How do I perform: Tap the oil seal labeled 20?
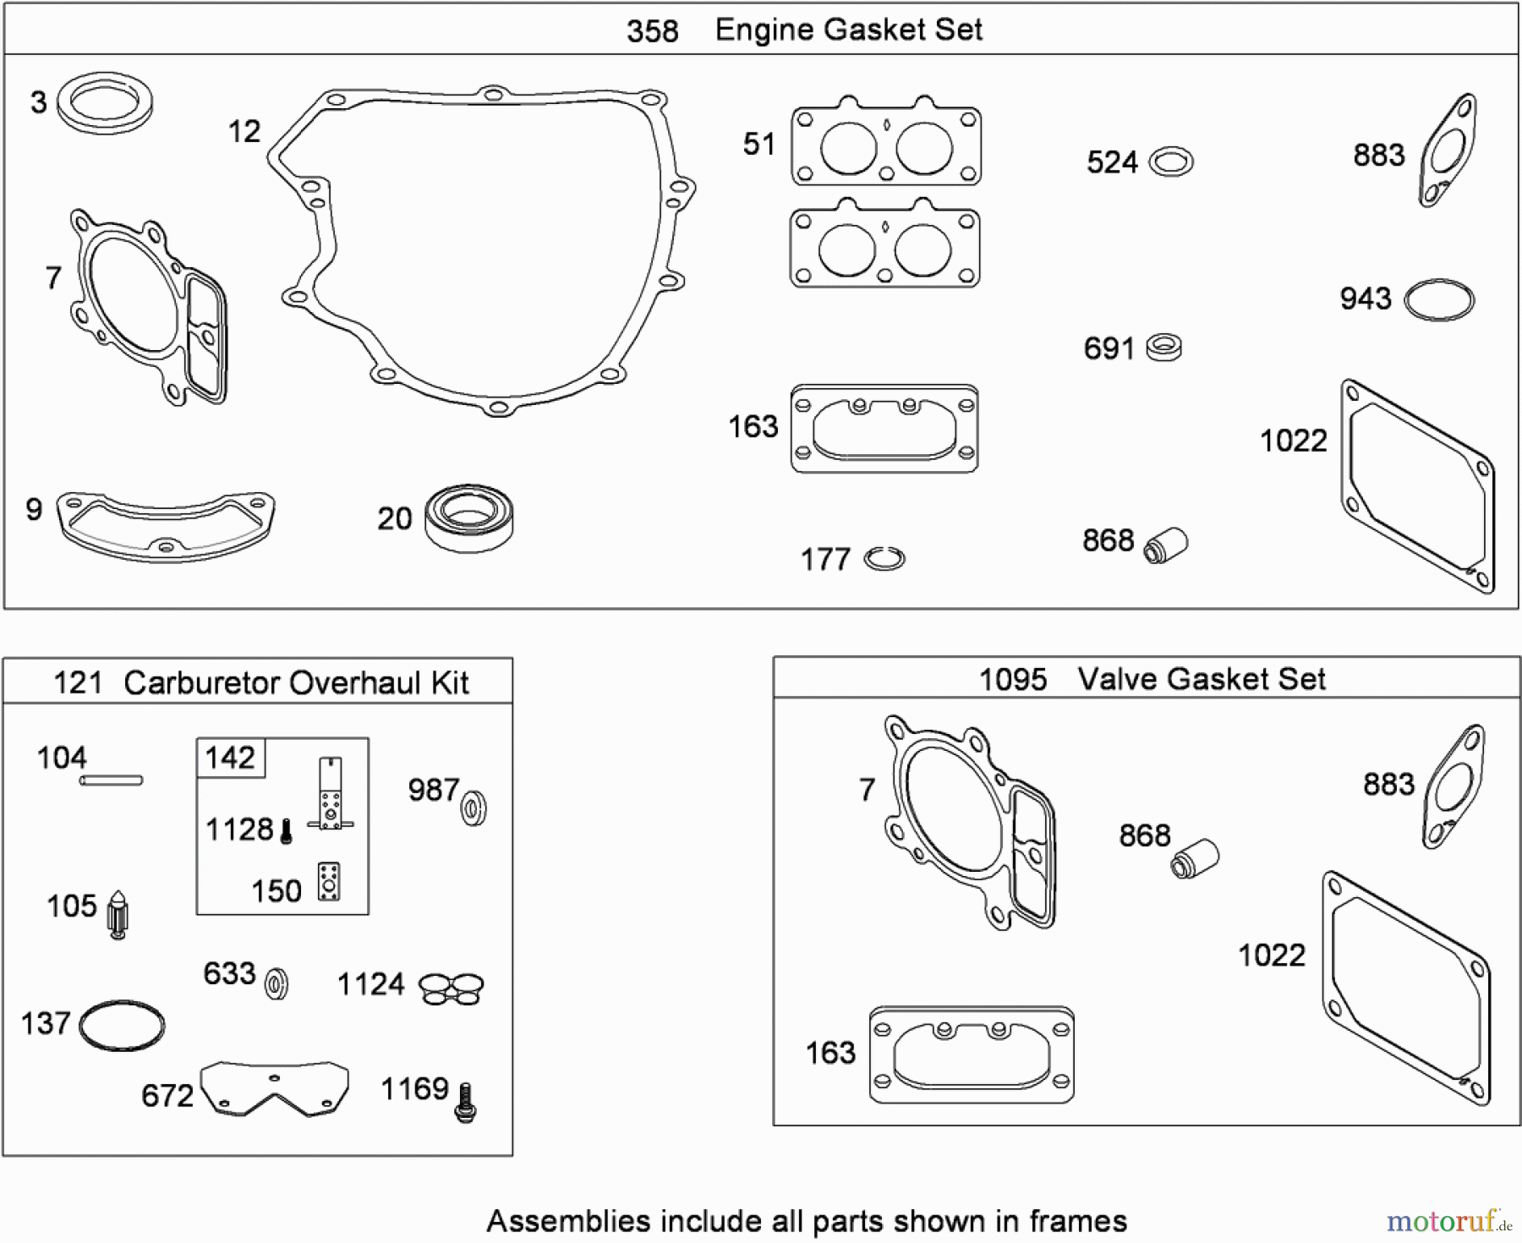(x=469, y=517)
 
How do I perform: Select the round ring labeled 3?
(x=104, y=103)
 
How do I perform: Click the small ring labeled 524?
(x=1172, y=162)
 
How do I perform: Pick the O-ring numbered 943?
(x=1439, y=299)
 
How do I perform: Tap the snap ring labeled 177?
(x=884, y=559)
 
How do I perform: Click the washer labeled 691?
(x=1163, y=348)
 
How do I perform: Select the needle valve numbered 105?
(x=118, y=915)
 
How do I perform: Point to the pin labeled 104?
(x=111, y=780)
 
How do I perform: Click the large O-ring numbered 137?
(x=122, y=1026)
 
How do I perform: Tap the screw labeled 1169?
(x=464, y=1103)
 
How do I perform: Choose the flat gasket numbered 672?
(x=275, y=1089)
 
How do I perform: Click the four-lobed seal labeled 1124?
(x=452, y=988)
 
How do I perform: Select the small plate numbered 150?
(x=328, y=882)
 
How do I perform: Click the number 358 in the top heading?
(x=652, y=31)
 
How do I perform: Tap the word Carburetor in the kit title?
(x=200, y=682)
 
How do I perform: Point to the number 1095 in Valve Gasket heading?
(x=1012, y=679)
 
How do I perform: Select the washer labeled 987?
(x=474, y=808)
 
